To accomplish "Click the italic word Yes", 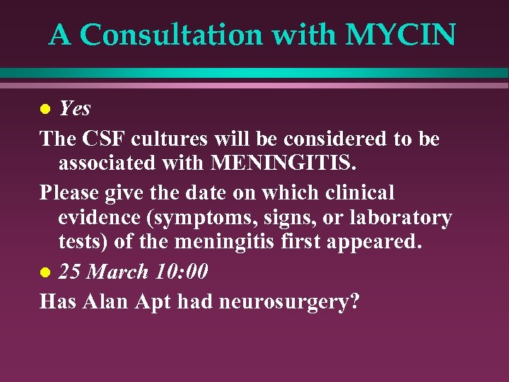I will click(x=75, y=108).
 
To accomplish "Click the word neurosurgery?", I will click(x=290, y=302).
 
